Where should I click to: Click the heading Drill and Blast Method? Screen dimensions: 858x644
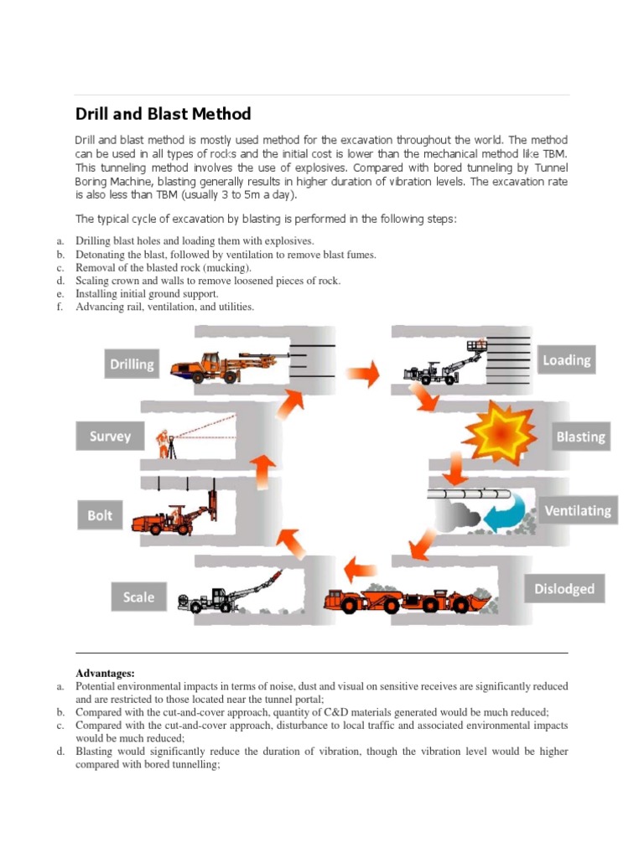163,114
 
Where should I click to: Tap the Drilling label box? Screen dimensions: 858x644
132,364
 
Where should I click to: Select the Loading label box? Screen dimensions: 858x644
566,359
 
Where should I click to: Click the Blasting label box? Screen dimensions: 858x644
579,437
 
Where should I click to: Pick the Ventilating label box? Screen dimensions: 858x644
578,510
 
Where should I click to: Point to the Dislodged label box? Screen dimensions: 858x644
563,589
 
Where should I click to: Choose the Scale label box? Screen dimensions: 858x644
138,597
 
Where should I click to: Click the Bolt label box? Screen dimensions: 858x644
100,515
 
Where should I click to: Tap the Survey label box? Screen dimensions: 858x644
111,437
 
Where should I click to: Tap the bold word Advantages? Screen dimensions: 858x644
105,673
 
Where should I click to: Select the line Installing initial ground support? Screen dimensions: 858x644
147,294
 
